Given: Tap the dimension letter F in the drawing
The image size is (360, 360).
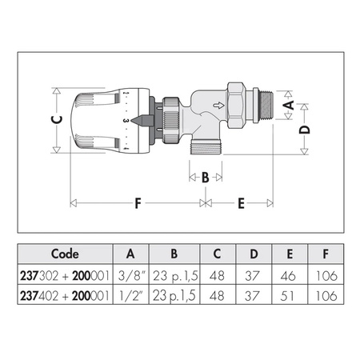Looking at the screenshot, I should (138, 203).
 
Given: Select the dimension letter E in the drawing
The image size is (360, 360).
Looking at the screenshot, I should (240, 203).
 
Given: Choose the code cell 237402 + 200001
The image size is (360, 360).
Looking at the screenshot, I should (65, 296).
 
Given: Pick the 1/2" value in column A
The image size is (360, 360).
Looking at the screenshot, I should (130, 296).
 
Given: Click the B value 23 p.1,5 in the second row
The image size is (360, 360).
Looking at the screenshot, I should (174, 296).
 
